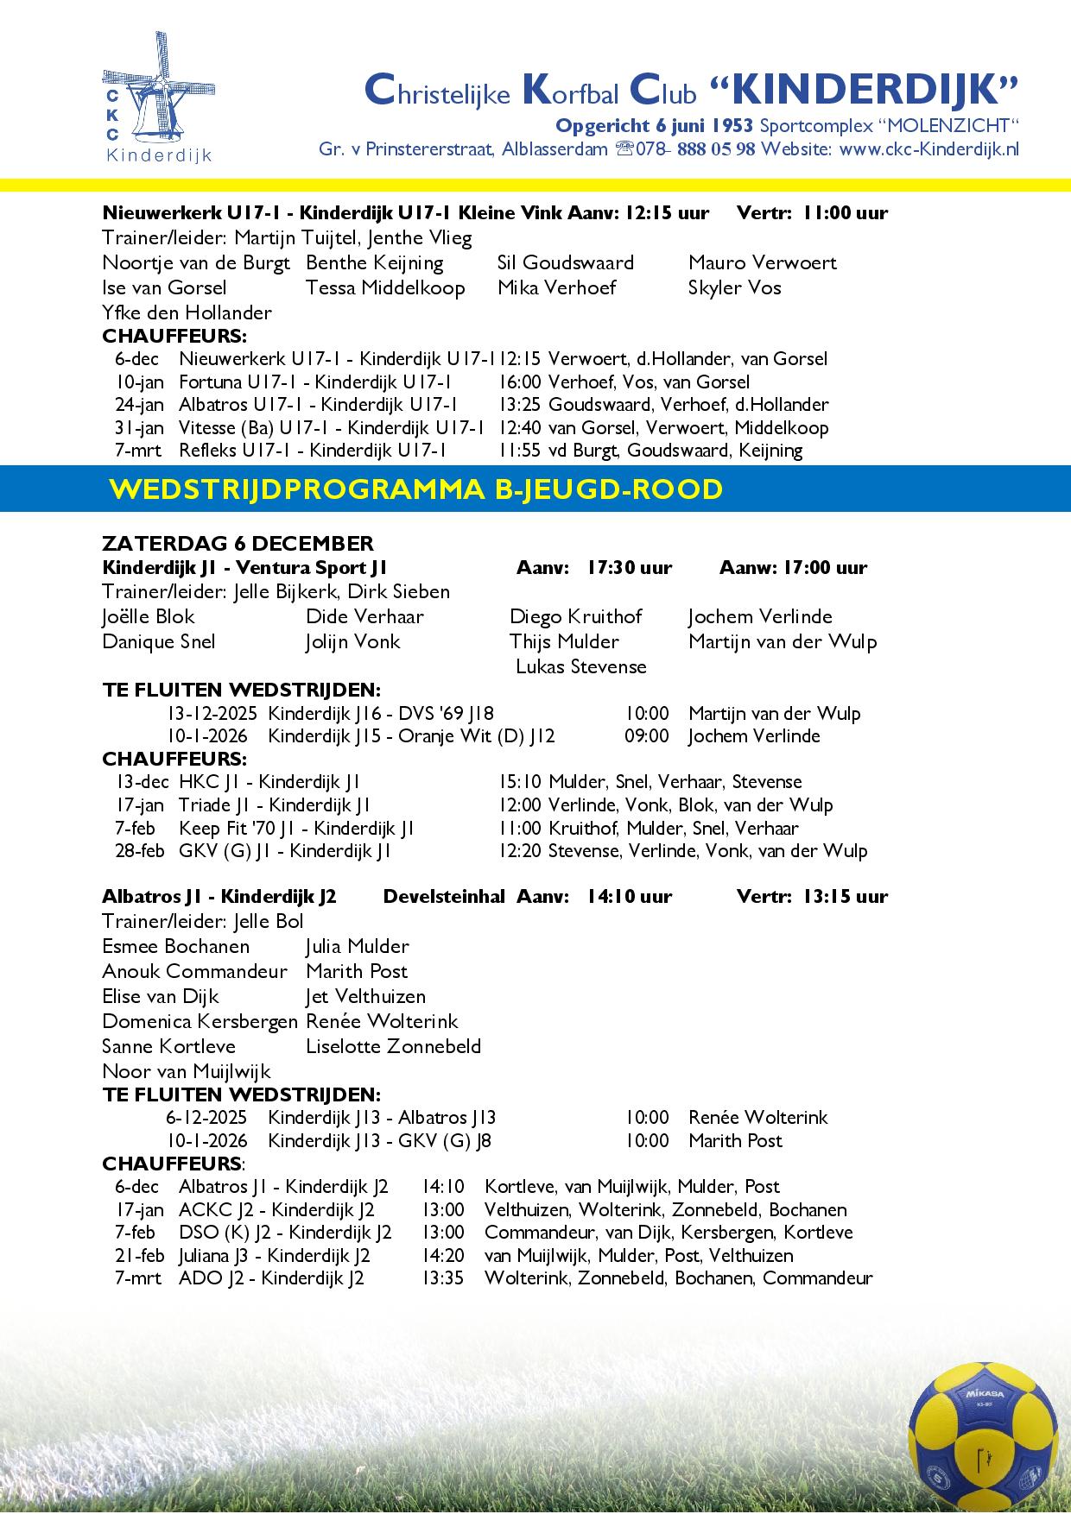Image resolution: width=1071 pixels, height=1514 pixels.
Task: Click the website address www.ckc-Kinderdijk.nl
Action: [929, 148]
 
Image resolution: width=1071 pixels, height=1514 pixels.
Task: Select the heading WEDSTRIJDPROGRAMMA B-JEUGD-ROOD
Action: [415, 489]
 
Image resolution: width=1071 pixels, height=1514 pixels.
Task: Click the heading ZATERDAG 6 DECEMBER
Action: [238, 544]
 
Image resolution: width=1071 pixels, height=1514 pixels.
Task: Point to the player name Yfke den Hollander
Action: [187, 312]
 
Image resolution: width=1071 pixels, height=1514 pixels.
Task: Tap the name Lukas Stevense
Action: [580, 666]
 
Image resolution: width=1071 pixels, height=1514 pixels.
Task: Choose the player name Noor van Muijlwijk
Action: [187, 1071]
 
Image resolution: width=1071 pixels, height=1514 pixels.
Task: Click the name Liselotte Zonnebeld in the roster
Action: [393, 1046]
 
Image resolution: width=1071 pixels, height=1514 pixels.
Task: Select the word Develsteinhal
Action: [444, 896]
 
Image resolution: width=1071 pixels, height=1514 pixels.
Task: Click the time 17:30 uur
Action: [629, 567]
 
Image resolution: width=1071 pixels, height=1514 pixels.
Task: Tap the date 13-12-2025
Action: [212, 713]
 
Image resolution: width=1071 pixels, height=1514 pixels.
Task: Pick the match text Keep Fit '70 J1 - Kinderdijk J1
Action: [296, 828]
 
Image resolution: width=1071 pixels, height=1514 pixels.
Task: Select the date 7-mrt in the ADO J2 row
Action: [138, 1277]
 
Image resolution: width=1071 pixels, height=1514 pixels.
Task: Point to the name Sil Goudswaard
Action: [566, 262]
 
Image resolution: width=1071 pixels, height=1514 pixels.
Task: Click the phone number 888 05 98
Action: [716, 148]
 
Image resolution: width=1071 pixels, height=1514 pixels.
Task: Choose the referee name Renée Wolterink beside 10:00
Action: [757, 1117]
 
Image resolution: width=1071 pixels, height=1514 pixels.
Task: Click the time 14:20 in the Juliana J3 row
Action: [443, 1255]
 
